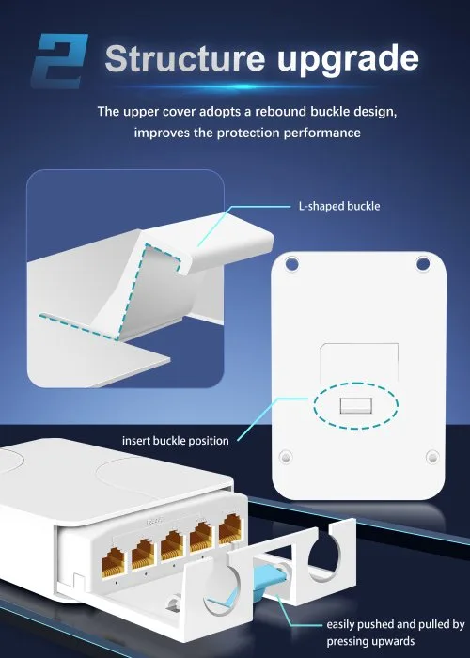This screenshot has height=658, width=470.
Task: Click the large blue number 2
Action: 60,61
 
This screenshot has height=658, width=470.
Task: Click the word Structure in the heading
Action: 185,57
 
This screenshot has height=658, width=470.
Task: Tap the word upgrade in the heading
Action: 348,60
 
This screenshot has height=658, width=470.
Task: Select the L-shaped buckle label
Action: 339,206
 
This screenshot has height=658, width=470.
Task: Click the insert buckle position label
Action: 176,441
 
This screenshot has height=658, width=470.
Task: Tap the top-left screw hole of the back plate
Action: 291,264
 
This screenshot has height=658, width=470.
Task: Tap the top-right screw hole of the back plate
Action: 423,264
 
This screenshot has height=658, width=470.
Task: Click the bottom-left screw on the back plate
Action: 286,456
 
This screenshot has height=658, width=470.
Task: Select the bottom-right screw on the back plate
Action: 432,457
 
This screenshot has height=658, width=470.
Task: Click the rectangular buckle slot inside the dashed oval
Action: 356,405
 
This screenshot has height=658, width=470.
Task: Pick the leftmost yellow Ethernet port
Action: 114,563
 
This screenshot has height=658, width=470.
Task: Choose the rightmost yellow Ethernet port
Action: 231,529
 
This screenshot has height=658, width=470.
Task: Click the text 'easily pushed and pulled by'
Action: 396,624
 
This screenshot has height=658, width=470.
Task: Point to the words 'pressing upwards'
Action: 370,641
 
